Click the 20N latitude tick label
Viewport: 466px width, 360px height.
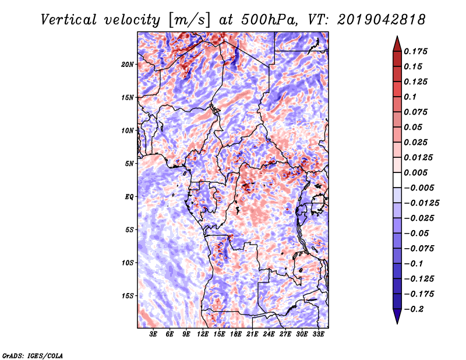click(127, 65)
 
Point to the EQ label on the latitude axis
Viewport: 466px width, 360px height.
click(129, 197)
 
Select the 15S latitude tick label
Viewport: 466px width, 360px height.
click(127, 296)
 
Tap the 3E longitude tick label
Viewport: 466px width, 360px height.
click(153, 334)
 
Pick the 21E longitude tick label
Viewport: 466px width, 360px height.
click(252, 334)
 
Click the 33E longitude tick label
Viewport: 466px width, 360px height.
click(318, 334)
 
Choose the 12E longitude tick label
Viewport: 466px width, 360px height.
click(202, 334)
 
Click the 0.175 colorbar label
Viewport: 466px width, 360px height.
click(415, 51)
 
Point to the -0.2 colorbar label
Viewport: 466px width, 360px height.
click(414, 309)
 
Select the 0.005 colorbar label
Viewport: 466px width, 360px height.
click(415, 172)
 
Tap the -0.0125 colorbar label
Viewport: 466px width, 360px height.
click(421, 203)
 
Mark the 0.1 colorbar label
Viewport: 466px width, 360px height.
click(410, 97)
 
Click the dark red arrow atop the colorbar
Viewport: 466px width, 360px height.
click(397, 44)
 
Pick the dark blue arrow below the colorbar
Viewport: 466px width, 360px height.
click(397, 316)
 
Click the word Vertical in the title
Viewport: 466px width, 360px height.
click(69, 20)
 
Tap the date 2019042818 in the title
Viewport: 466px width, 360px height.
click(382, 20)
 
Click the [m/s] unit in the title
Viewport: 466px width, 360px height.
click(189, 20)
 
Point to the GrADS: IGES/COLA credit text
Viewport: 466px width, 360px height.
click(33, 355)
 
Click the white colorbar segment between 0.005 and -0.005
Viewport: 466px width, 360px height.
click(397, 180)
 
